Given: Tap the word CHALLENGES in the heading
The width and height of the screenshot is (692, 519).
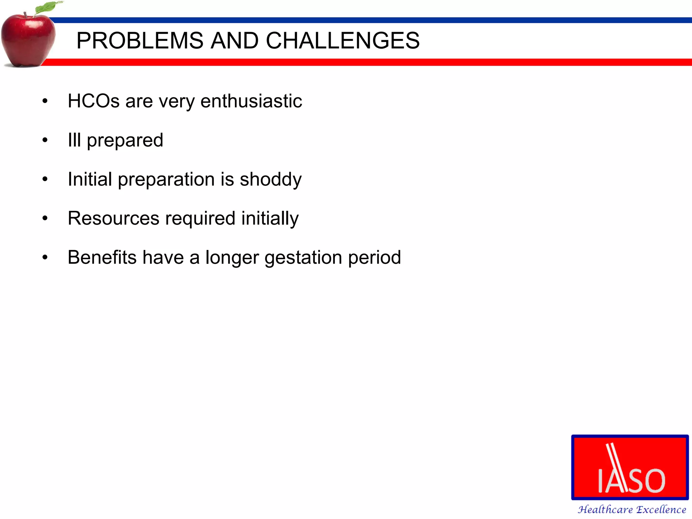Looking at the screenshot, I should [343, 41].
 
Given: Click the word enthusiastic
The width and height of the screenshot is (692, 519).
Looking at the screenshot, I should [251, 101].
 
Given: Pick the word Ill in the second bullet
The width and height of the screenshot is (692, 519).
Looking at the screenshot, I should [74, 140].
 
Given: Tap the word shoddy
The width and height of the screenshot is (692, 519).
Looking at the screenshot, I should [270, 179].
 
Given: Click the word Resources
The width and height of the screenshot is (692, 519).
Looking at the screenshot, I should [114, 218].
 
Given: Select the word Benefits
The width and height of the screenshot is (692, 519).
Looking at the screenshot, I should [102, 257].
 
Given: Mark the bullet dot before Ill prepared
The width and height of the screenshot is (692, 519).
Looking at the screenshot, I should [45, 140].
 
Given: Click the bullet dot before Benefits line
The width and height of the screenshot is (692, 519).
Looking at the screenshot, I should [45, 258].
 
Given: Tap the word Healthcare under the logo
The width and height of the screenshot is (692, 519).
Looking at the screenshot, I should [605, 509].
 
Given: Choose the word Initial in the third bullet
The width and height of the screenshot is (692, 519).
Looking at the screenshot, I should [90, 179].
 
